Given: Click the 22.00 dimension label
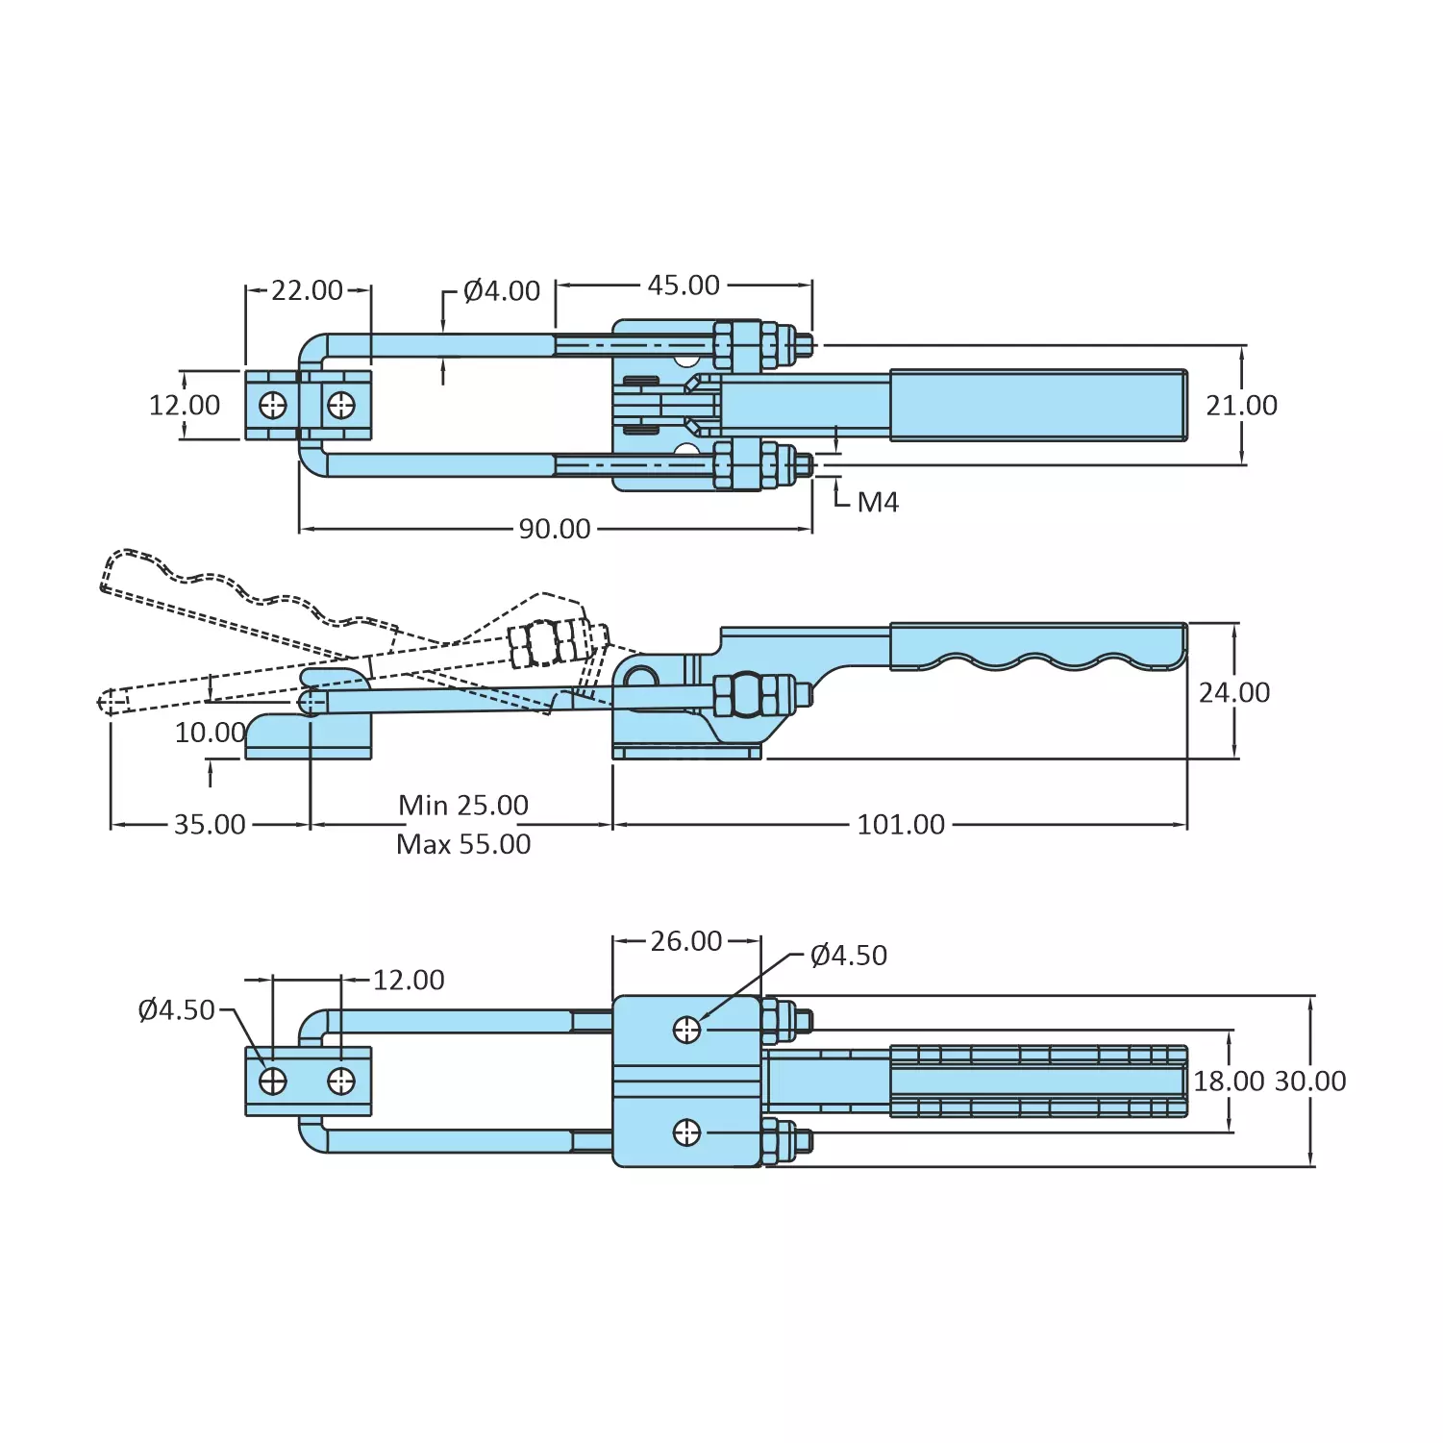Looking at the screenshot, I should [x=307, y=290].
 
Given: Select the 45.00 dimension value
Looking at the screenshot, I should [x=684, y=286].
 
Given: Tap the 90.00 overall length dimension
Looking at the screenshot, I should [x=555, y=529].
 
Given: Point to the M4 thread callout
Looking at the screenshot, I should [x=877, y=503].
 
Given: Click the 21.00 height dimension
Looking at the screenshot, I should [x=1241, y=406].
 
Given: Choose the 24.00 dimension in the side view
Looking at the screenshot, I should [x=1234, y=692].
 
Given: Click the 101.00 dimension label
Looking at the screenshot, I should [x=901, y=825].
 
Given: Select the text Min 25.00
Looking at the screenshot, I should [x=463, y=805].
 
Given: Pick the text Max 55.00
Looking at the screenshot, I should [x=463, y=844].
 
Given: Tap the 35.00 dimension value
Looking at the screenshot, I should [x=210, y=825].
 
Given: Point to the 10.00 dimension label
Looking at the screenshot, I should [x=210, y=733].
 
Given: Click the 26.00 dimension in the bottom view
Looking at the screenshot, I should [x=686, y=941].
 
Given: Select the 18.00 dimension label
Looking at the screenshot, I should [x=1229, y=1082].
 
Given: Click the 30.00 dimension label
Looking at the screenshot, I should [x=1309, y=1082].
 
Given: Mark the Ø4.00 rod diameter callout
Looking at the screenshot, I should [x=501, y=291].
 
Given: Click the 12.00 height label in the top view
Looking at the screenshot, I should [x=185, y=406].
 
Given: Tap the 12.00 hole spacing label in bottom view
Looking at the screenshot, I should [x=409, y=981].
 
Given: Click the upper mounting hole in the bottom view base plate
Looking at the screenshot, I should [x=686, y=1031].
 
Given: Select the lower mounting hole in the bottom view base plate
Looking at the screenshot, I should [x=686, y=1133].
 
